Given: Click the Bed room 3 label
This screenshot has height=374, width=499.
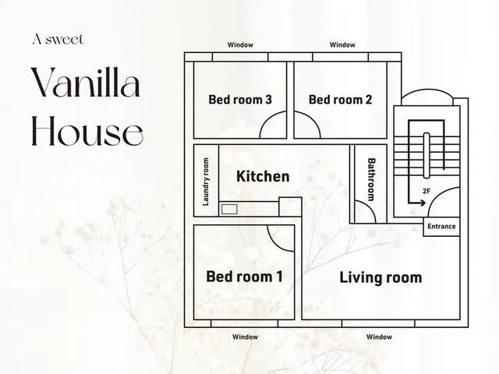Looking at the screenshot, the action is coord(240,100).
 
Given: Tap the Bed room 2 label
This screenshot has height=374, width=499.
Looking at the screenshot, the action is coord(340,100).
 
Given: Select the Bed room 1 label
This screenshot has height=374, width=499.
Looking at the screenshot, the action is coord(244,277).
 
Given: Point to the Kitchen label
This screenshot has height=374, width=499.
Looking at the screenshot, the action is coord(263,176).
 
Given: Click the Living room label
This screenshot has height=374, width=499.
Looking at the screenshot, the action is coord(381,277).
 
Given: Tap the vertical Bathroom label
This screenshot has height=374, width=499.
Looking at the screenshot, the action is coord(371,180).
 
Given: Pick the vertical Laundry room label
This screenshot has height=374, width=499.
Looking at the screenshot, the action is coord(206,182).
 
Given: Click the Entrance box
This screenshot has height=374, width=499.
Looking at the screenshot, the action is coord(441,227).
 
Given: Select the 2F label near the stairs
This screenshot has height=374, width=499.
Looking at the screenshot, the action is coord(426,191).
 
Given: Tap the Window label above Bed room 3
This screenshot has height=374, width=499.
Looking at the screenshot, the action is coord(240,45).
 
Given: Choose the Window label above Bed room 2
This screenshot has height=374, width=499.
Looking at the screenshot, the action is coord(342,45).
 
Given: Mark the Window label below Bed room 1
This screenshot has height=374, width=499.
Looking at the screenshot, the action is coord(245,337).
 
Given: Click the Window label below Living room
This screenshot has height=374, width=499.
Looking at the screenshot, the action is coord(379,337).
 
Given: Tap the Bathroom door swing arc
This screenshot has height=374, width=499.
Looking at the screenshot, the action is coord(369,205).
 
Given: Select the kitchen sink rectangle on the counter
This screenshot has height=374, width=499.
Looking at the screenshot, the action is coord(229,210).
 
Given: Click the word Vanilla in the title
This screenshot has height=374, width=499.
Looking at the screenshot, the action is coord(86,82).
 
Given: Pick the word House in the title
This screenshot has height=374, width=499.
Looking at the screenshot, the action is coord(87,131).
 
